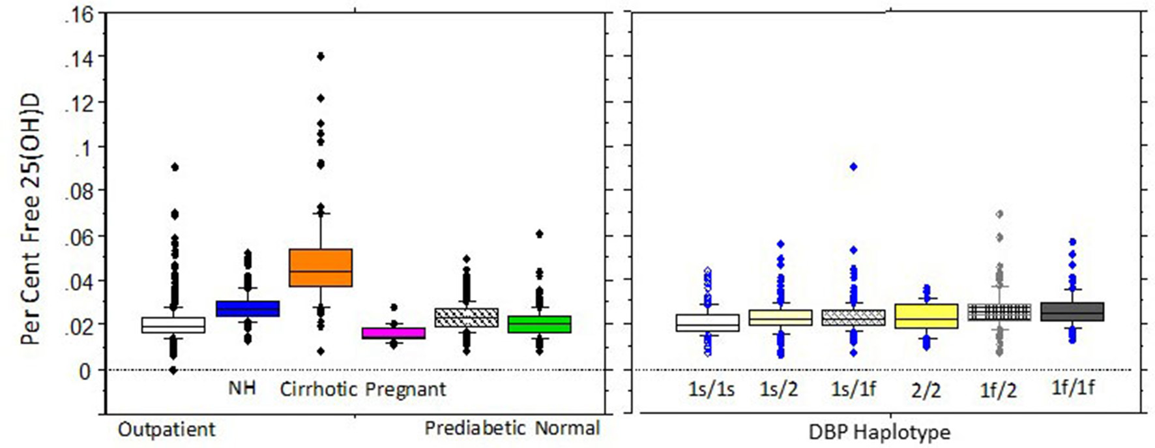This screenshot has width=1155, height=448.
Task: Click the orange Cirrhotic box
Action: [320, 267]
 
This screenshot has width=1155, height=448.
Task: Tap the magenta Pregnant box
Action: [393, 333]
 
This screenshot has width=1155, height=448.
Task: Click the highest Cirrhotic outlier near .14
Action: [320, 56]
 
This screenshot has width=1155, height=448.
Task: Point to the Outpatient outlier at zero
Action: [173, 370]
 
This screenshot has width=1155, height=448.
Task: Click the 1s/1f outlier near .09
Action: [853, 167]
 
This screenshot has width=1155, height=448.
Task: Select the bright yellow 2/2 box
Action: [926, 316]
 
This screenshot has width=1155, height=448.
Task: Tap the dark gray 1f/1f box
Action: [1072, 311]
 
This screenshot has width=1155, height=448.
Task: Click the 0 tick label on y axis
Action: [85, 370]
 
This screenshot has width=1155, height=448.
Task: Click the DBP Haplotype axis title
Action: [879, 432]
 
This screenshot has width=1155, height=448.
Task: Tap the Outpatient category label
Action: [166, 429]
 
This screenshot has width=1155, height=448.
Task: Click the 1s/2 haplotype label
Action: [778, 389]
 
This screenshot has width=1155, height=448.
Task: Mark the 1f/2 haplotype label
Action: [998, 390]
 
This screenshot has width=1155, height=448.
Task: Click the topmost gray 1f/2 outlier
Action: [999, 214]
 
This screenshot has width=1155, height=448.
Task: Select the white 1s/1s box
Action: [707, 323]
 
